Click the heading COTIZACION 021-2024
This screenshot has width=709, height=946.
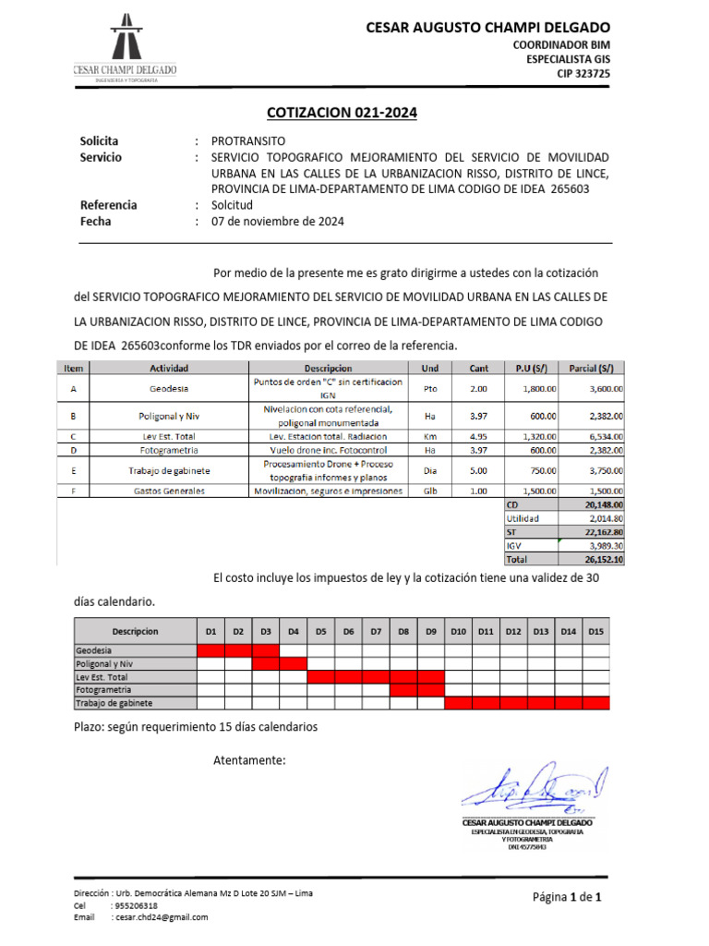342,113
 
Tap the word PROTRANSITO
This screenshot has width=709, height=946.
249,141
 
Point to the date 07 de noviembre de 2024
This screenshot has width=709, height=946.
278,222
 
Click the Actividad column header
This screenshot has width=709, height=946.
168,368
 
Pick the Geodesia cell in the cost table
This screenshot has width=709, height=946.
168,389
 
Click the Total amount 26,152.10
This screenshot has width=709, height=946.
602,559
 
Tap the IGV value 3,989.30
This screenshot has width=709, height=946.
602,545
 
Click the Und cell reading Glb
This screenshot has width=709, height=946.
430,491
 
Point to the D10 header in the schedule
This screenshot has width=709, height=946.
458,631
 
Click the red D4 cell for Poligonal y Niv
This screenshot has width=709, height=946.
293,663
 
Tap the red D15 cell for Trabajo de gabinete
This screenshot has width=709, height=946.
595,703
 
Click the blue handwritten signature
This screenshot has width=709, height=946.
532,788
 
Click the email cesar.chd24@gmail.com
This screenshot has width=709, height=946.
160,917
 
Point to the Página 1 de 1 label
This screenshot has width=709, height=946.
567,897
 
